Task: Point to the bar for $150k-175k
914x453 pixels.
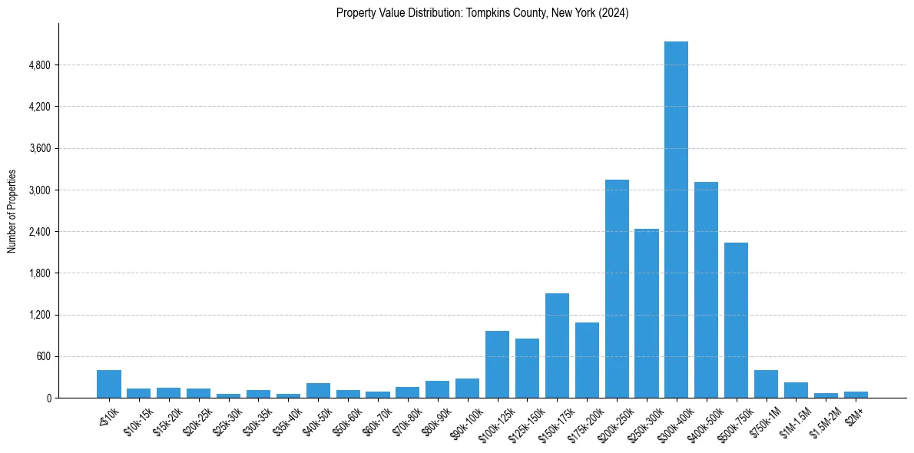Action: click(x=557, y=346)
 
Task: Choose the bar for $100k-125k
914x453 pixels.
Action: click(x=497, y=364)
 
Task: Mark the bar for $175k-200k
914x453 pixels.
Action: click(x=587, y=360)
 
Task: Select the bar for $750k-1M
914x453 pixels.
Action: click(x=766, y=384)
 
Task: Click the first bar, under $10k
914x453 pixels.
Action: click(x=109, y=384)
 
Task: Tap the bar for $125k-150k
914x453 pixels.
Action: click(x=527, y=368)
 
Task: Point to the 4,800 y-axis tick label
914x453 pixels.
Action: click(x=39, y=65)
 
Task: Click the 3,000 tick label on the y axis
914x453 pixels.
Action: click(x=39, y=190)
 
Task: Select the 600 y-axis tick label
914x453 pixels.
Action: click(x=43, y=356)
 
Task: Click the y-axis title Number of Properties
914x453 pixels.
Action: click(x=12, y=211)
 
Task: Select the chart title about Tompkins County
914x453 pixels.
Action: click(x=482, y=13)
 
